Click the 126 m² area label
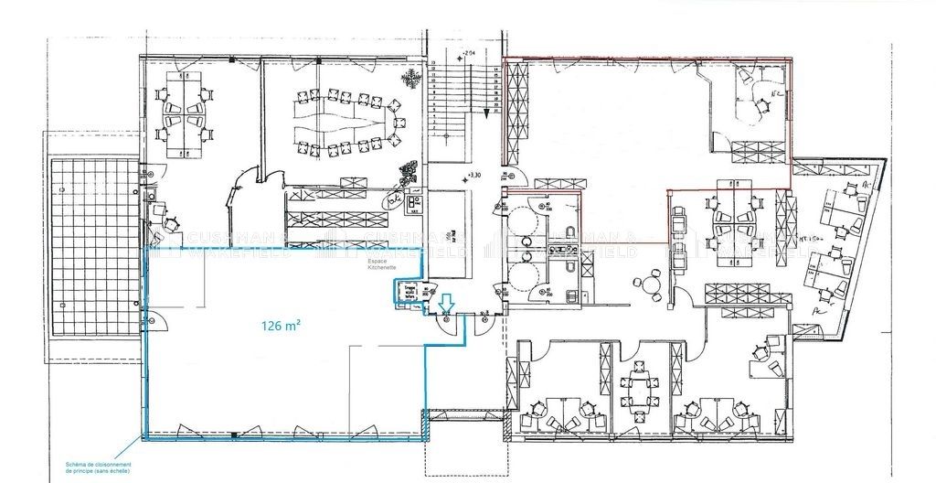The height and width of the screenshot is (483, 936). point(282,325)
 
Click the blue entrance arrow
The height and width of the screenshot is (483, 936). point(446,302)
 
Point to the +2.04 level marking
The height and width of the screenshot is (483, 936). point(472,54)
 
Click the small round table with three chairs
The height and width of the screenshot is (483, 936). point(651,283)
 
